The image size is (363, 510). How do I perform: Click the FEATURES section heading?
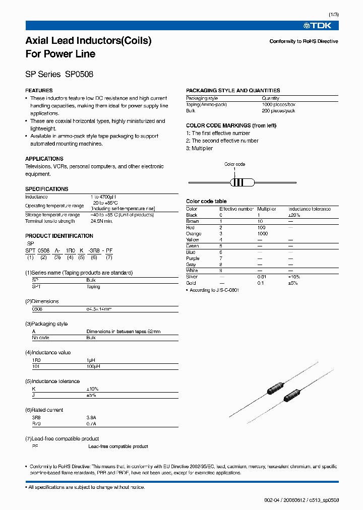tap(39, 91)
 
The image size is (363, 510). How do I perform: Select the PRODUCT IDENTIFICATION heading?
tap(59, 236)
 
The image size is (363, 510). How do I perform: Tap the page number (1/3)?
tap(334, 15)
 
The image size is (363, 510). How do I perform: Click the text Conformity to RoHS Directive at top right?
tap(304, 41)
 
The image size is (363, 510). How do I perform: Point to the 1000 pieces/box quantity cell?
tap(278, 104)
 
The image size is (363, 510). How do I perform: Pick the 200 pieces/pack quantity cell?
tap(278, 111)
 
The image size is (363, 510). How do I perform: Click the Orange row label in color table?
tap(194, 234)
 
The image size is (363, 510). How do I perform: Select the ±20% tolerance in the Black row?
tap(294, 215)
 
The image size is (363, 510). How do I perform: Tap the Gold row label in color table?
tap(191, 283)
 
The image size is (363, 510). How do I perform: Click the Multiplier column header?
tap(267, 209)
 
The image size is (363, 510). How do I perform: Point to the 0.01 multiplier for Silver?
tap(262, 277)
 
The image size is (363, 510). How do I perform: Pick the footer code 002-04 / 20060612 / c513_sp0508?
tap(301, 500)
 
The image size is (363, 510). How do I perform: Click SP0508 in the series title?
tap(79, 74)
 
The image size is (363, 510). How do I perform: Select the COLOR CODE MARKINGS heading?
tap(231, 125)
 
